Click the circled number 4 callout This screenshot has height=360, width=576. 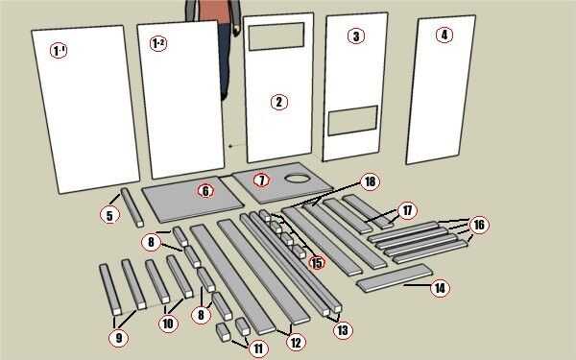tap(444, 35)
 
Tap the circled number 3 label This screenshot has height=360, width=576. tap(356, 36)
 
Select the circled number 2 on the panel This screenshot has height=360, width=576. tap(279, 102)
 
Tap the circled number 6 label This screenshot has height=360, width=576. tap(205, 191)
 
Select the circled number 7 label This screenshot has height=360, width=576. tap(261, 180)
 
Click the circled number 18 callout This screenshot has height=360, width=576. tap(370, 181)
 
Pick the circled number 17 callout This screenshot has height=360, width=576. tap(407, 211)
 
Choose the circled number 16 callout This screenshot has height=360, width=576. tap(479, 224)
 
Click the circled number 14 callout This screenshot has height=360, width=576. tap(440, 288)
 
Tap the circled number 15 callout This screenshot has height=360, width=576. tap(317, 262)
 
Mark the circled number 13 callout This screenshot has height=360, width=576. tap(343, 330)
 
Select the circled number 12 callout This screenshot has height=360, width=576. tap(296, 343)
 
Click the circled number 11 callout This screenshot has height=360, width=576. tap(258, 348)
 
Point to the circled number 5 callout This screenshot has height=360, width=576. tap(109, 215)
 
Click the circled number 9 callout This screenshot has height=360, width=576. tap(119, 338)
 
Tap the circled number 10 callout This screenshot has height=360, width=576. tap(168, 324)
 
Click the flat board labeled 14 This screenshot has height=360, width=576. tap(395, 277)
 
